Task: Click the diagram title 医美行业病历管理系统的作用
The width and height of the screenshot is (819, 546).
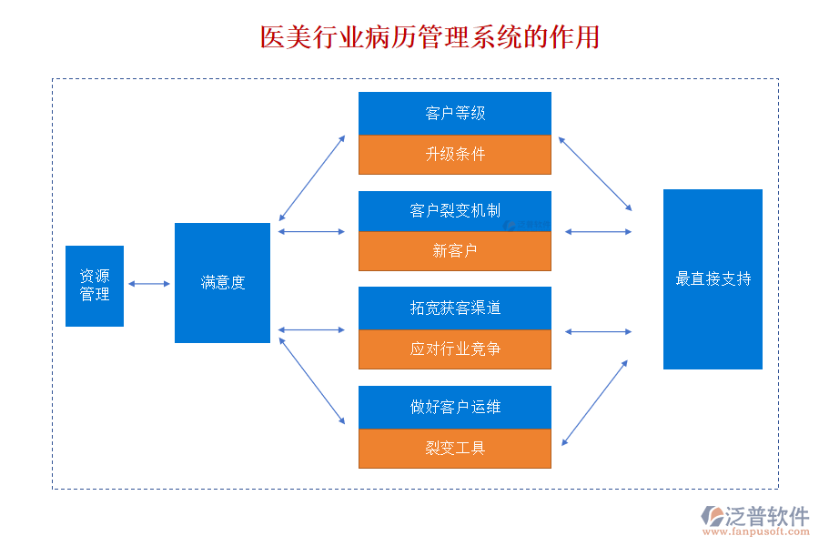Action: tap(430, 38)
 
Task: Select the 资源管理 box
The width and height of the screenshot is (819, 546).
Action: tap(95, 286)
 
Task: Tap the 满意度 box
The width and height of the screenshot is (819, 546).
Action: tap(223, 283)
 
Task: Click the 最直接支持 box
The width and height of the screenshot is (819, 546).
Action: tap(713, 279)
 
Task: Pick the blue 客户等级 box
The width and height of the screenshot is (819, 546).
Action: tap(455, 114)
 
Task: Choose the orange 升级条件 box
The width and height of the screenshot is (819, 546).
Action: tap(455, 155)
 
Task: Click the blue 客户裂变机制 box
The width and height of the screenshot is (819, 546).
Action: tap(455, 211)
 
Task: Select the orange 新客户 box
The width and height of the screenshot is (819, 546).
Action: tap(455, 251)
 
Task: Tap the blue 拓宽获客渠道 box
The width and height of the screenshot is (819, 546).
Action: tap(455, 308)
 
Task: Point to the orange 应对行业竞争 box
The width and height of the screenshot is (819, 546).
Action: tap(455, 349)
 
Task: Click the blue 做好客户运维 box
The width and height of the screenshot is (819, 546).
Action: tap(455, 408)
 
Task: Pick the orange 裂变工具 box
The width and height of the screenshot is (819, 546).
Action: tap(455, 449)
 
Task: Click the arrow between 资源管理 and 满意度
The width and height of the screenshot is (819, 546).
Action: tap(149, 284)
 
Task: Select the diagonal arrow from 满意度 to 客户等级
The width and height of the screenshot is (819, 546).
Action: tap(312, 178)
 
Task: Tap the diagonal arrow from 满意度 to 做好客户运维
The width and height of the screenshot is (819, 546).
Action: tap(312, 381)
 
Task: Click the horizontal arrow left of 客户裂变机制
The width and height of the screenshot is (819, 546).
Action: tap(311, 232)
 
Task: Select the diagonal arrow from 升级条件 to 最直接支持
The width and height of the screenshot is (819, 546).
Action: tap(595, 174)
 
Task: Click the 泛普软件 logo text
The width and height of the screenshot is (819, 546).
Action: tap(767, 516)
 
